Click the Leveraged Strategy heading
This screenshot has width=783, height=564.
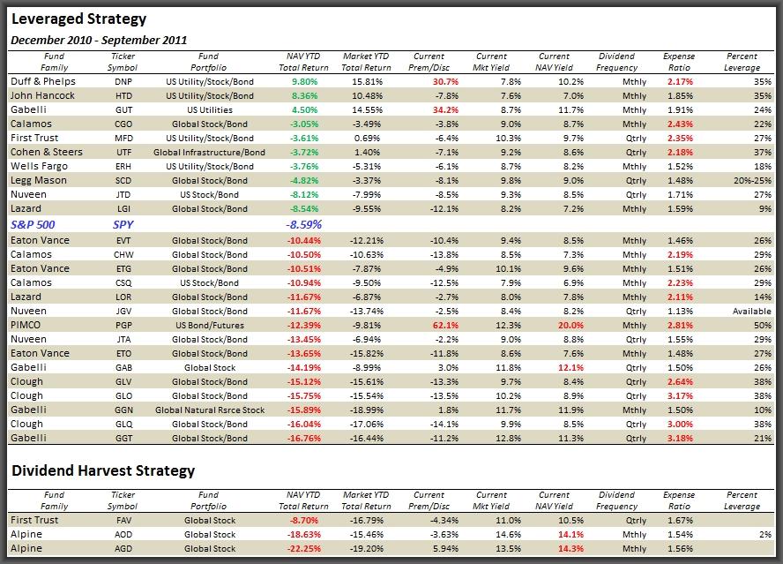(78, 19)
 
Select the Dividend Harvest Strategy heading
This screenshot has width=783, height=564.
(103, 471)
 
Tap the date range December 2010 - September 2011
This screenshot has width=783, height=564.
(99, 41)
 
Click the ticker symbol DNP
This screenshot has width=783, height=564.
(123, 81)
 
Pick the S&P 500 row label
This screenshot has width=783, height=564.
(33, 224)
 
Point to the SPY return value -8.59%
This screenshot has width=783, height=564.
(303, 224)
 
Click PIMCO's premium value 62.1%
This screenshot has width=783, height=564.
(445, 325)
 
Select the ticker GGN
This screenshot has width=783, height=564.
(123, 410)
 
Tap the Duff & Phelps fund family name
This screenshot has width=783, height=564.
(43, 81)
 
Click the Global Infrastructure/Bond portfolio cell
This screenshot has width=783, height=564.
(209, 153)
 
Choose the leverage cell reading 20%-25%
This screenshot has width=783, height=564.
(752, 181)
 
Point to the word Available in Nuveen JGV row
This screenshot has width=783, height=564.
(752, 311)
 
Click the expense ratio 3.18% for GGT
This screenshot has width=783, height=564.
(680, 439)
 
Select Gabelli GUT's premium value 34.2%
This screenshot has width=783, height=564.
(445, 110)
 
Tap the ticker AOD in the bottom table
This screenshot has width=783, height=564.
(123, 535)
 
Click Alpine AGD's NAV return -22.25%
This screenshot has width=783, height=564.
(303, 548)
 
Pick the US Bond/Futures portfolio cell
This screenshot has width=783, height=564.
(210, 325)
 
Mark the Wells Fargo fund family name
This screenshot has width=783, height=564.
(39, 167)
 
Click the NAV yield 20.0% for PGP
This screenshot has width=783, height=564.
(570, 325)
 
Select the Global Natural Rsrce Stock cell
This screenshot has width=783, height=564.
(210, 410)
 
